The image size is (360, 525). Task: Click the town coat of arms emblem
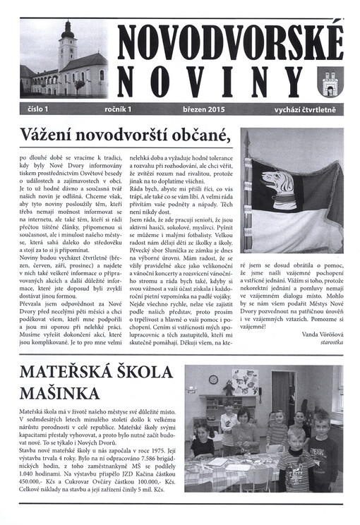(x=330, y=84)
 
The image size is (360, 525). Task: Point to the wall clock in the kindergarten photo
(x=214, y=379)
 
